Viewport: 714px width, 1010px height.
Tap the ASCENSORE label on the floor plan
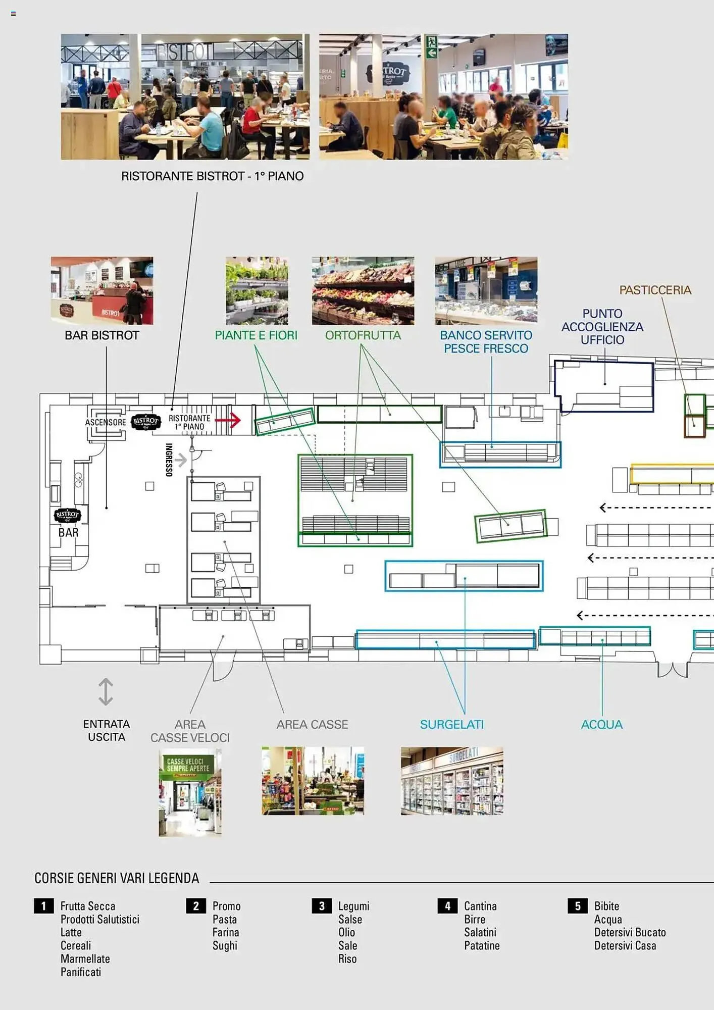point(106,422)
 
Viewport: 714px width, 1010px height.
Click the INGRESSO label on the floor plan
point(169,460)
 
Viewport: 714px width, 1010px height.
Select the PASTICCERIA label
point(655,290)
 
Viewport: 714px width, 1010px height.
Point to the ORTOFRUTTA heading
point(363,335)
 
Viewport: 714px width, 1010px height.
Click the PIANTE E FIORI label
point(256,335)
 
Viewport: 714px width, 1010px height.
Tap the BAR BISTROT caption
point(102,335)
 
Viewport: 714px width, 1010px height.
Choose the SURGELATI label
point(451,725)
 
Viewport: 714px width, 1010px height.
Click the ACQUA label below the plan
point(601,725)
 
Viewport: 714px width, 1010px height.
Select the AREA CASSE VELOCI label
point(190,731)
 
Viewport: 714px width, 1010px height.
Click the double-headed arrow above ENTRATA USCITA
point(106,691)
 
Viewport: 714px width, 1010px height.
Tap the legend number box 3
point(322,906)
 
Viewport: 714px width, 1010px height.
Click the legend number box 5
point(578,906)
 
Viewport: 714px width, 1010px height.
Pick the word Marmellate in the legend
point(85,958)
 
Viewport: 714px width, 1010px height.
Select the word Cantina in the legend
point(480,906)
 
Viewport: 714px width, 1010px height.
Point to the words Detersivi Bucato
point(630,932)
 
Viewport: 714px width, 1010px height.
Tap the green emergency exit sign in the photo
point(431,46)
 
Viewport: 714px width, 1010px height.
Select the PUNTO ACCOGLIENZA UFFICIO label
point(602,327)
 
